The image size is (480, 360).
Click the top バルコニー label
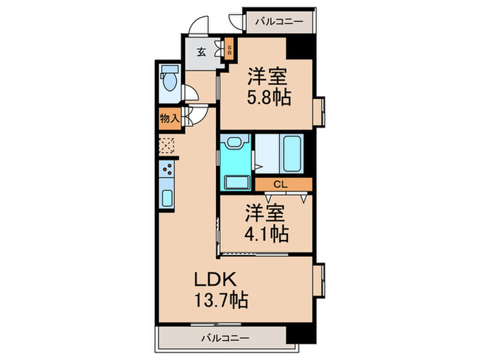click(278, 22)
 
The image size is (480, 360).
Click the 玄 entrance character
click(202, 51)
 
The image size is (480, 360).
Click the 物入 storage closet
click(169, 118)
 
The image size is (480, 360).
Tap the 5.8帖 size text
click(268, 97)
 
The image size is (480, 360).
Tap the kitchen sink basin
click(167, 197)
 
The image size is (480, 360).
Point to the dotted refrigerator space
click(167, 145)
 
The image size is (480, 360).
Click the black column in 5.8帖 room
click(300, 48)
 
